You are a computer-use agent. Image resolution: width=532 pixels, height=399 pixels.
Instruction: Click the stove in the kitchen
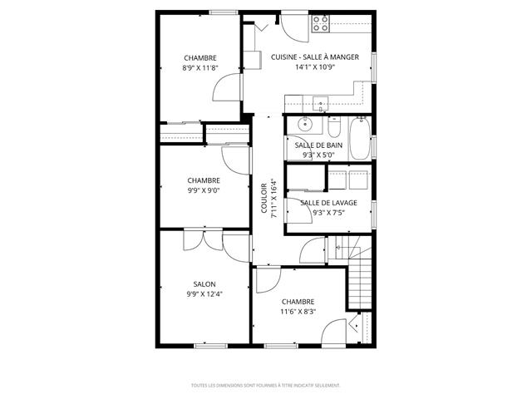coord(320,25)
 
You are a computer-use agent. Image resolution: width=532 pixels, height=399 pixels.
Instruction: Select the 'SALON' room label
coord(204,283)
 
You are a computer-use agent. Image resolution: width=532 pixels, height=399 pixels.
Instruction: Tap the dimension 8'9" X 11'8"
coord(200,69)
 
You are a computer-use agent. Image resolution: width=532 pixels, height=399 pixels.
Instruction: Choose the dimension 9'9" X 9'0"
coord(204,190)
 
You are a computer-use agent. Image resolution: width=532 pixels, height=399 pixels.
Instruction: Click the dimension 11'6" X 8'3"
coord(298,312)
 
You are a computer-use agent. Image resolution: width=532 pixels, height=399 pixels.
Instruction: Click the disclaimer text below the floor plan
coord(265,386)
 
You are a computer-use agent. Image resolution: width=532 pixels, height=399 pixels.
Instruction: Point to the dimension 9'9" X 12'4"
coord(204,293)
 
